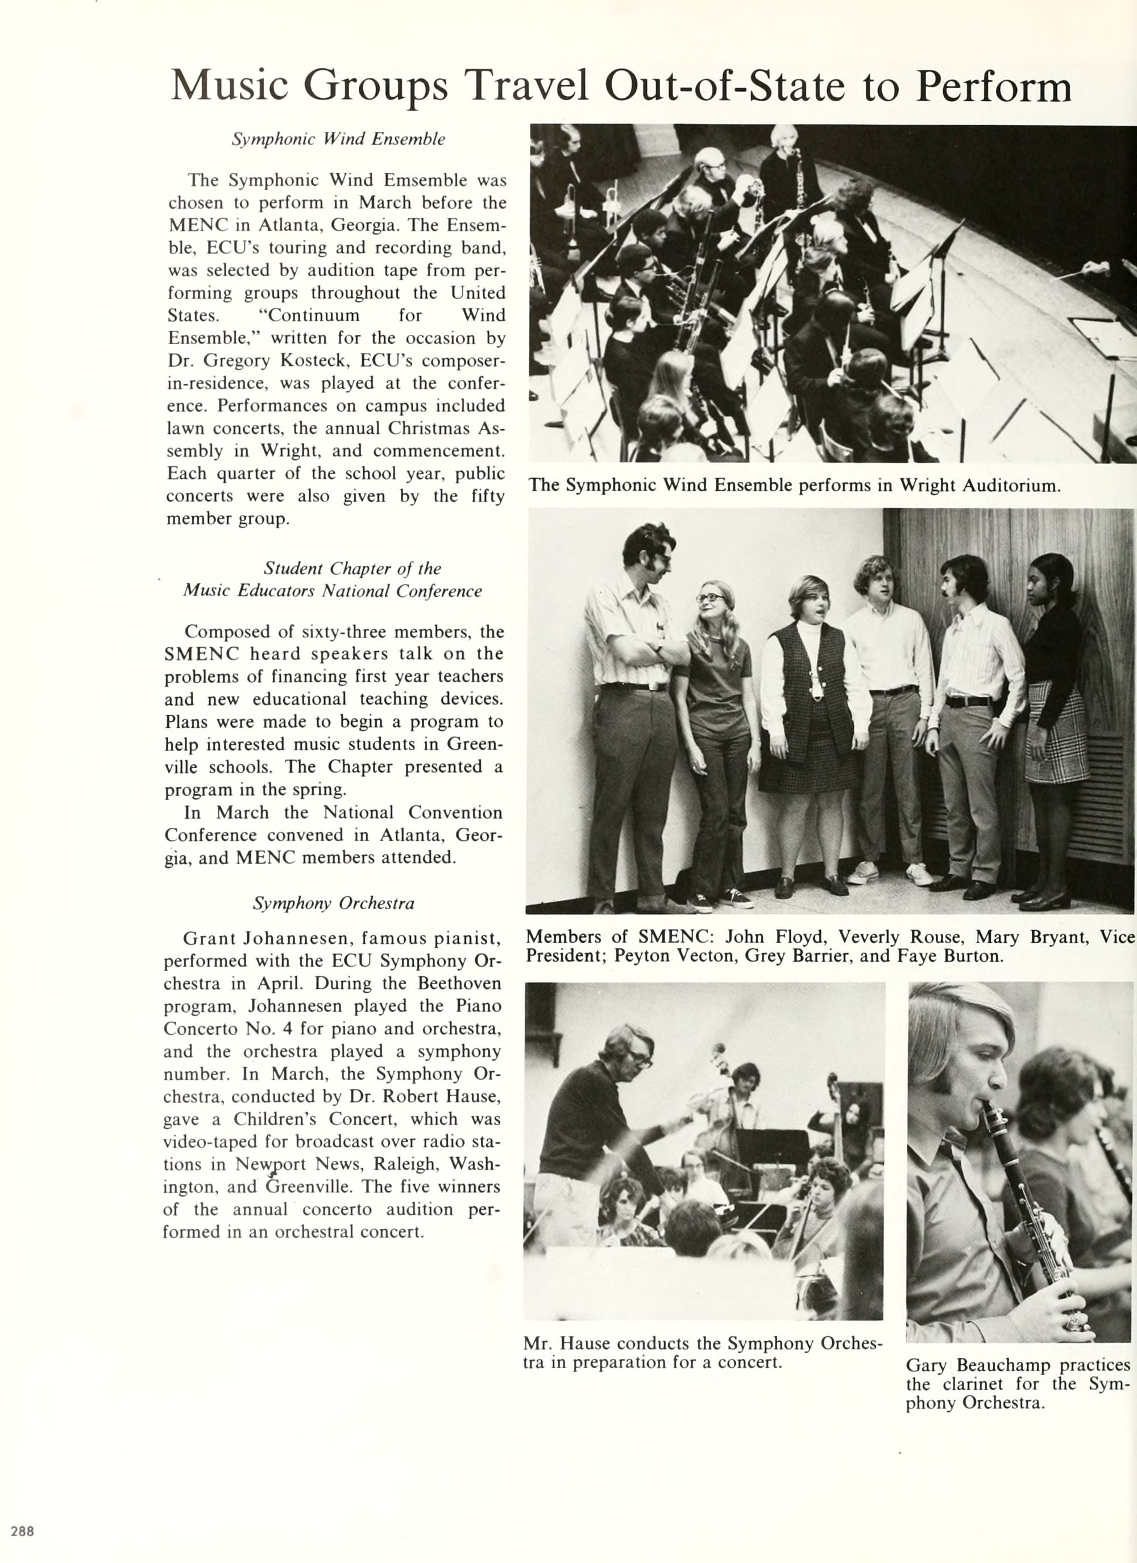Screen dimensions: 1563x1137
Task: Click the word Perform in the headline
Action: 994,88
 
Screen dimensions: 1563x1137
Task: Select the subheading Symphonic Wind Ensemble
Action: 338,139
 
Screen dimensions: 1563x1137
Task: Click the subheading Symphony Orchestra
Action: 334,903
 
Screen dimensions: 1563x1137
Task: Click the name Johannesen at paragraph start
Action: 301,938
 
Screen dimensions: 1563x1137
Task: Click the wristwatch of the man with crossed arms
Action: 659,649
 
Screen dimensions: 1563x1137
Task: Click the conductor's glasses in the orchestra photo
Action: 637,1058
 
